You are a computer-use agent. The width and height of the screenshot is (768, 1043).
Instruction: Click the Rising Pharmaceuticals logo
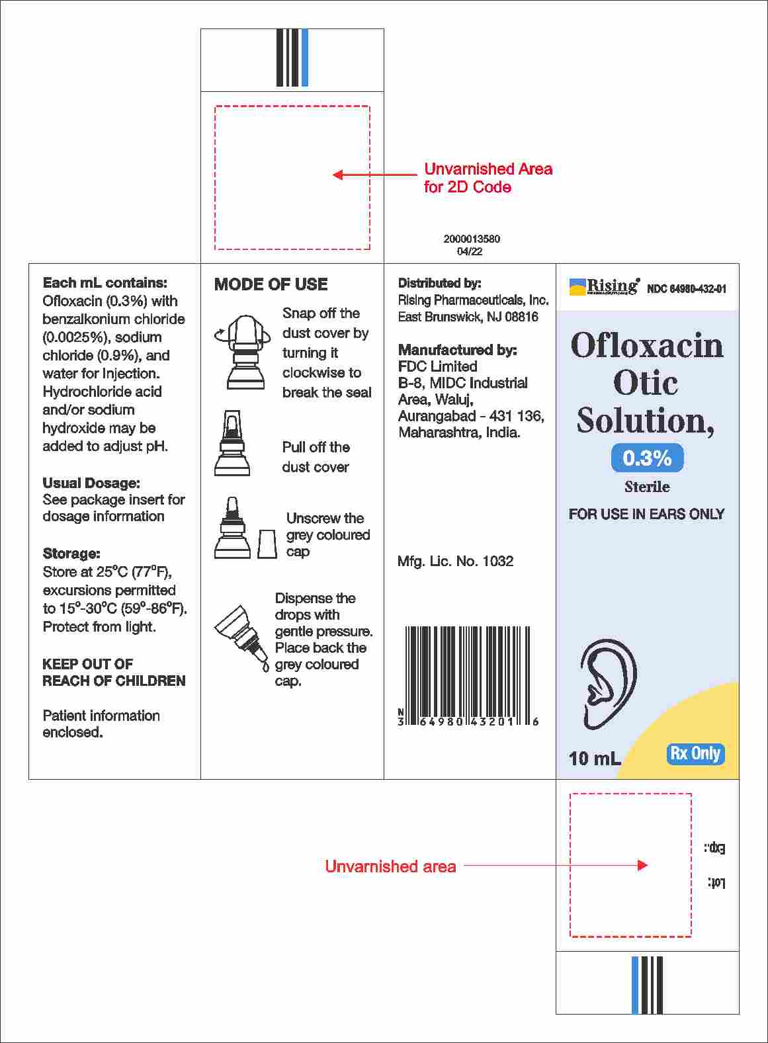(604, 287)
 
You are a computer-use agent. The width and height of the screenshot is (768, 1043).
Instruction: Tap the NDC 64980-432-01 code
(686, 289)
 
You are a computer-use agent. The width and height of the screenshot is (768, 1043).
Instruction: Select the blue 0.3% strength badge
(647, 458)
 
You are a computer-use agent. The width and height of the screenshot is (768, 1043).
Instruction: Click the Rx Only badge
(695, 754)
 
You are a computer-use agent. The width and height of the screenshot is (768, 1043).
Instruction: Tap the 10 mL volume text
(594, 759)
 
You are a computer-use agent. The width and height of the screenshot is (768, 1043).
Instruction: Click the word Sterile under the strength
(647, 487)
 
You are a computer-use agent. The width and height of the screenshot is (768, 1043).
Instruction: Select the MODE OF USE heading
(271, 284)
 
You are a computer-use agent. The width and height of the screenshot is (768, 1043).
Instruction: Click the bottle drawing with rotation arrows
(243, 351)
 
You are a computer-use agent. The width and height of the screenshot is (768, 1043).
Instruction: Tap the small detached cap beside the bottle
(267, 543)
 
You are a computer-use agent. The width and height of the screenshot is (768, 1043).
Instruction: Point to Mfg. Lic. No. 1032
(455, 562)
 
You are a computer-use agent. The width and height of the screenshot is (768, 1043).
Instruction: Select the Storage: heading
(71, 554)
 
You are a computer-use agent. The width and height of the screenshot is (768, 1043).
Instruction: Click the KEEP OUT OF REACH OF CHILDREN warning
(114, 672)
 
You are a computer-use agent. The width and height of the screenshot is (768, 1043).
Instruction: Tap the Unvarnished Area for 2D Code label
(488, 178)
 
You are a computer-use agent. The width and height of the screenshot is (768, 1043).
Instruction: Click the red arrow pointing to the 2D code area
(374, 175)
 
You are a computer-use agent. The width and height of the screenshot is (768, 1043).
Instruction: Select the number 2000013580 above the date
(472, 239)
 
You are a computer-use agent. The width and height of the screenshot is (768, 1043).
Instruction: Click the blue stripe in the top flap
(304, 58)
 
